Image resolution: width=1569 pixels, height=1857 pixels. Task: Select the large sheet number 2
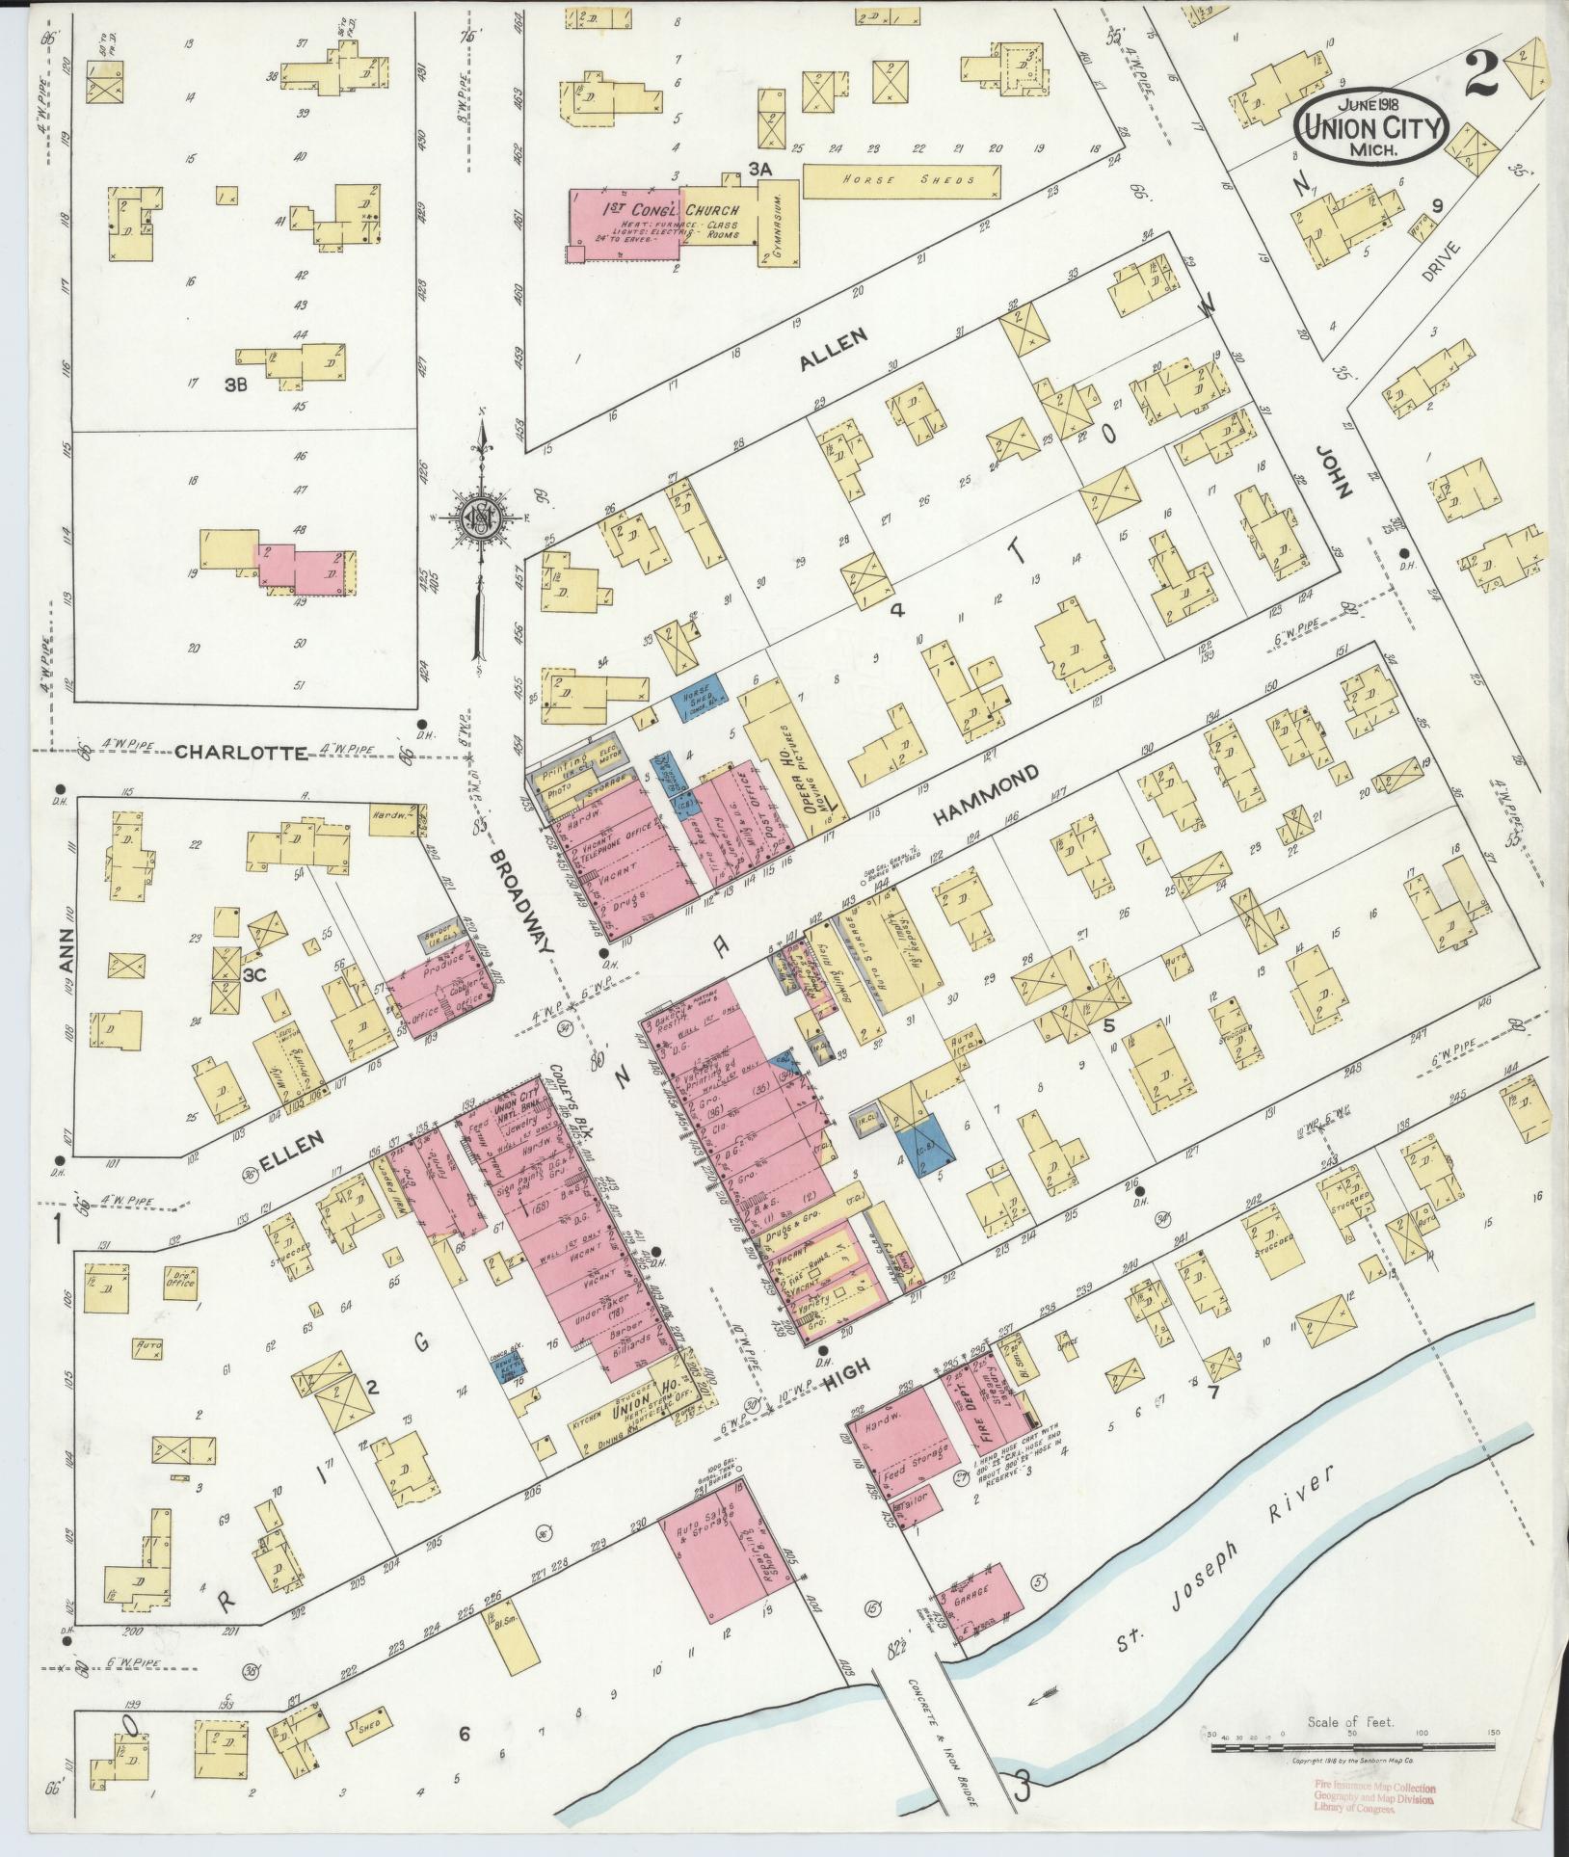pos(1482,76)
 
